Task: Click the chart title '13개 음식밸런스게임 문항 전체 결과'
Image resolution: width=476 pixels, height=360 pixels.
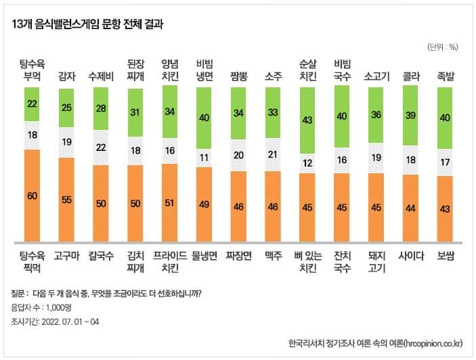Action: click(x=87, y=24)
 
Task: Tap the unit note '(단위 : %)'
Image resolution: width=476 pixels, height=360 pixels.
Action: click(x=443, y=47)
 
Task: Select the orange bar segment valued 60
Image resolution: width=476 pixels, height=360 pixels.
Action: click(x=33, y=196)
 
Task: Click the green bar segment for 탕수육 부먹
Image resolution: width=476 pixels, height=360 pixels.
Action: click(x=32, y=104)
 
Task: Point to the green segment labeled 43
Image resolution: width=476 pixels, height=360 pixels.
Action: click(x=307, y=120)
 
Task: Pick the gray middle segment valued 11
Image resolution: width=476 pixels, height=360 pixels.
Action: click(x=204, y=158)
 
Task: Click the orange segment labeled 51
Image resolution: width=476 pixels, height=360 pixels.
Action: click(x=170, y=202)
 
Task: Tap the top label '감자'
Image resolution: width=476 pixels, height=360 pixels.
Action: click(x=67, y=76)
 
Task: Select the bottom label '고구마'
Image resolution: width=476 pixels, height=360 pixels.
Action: click(x=67, y=256)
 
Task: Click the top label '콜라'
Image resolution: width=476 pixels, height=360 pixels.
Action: click(x=411, y=76)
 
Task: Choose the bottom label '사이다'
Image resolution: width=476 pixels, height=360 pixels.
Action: click(x=411, y=256)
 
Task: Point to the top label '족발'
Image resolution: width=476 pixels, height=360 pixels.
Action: click(x=446, y=76)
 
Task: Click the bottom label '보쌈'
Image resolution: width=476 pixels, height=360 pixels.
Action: click(x=446, y=256)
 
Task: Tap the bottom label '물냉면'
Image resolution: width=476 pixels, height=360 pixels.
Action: click(x=204, y=256)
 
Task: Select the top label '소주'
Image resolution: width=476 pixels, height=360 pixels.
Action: click(x=274, y=76)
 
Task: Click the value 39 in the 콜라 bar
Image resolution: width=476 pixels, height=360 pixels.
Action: click(x=410, y=115)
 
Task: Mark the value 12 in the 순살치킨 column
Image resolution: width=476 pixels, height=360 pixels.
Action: click(x=307, y=163)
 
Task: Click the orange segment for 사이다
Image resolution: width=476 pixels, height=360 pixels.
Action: click(x=410, y=208)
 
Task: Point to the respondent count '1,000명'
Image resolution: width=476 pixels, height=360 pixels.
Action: click(x=59, y=308)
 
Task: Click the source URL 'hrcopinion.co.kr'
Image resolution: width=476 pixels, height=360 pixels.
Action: click(x=433, y=344)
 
